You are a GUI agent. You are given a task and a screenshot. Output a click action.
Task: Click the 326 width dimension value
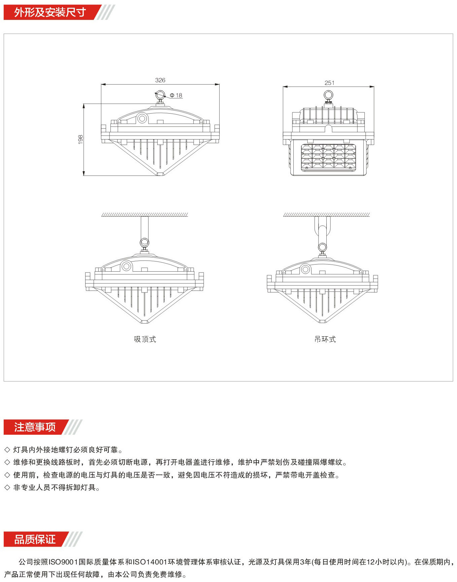coord(160,80)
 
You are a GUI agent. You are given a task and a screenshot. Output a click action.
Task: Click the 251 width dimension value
coord(329,83)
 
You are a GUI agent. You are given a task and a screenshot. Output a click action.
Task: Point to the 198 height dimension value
coord(80,140)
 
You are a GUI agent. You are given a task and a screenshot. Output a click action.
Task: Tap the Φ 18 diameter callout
coord(176,95)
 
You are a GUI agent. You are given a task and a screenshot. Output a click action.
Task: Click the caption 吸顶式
coord(145,339)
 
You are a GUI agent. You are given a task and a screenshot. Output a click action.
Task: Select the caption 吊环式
coord(325,339)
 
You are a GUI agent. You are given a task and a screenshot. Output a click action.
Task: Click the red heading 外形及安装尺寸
coord(50,12)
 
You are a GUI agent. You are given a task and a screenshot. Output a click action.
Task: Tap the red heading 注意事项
coord(35,427)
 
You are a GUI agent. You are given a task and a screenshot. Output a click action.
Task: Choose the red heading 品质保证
coord(35,539)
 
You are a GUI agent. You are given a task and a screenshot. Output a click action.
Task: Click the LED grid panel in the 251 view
coord(328,158)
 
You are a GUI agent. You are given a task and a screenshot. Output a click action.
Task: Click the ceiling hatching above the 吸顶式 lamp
coord(145,215)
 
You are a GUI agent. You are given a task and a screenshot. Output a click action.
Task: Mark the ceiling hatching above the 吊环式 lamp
coord(326,215)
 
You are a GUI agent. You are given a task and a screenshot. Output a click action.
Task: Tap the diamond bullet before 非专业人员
coord(7,488)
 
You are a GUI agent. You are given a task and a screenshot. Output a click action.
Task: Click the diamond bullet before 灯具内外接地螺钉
coord(7,450)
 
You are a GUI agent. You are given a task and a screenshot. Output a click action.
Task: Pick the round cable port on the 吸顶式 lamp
coord(126,266)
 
